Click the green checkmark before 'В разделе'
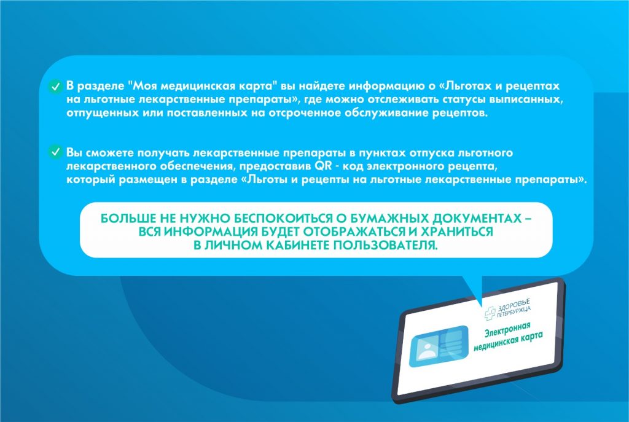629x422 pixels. coord(55,86)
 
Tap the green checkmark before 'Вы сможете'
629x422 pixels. coord(55,152)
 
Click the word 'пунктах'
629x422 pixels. coord(382,153)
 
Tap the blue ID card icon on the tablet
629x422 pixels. coord(439,346)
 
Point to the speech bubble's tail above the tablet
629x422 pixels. coord(475,289)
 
